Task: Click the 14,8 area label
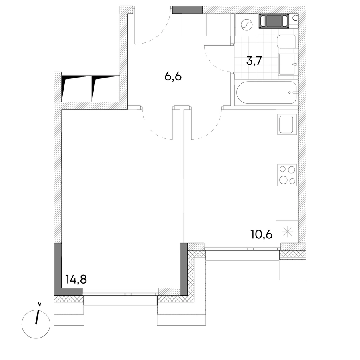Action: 76,280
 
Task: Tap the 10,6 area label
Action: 262,235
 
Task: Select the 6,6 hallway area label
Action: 173,77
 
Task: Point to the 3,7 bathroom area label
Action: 254,61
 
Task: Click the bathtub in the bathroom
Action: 267,92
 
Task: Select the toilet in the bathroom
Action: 286,42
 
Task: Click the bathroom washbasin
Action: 287,64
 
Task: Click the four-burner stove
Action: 287,175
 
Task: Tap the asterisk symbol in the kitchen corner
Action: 288,232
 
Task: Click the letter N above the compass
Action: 39,305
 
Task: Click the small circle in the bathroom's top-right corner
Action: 296,18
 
